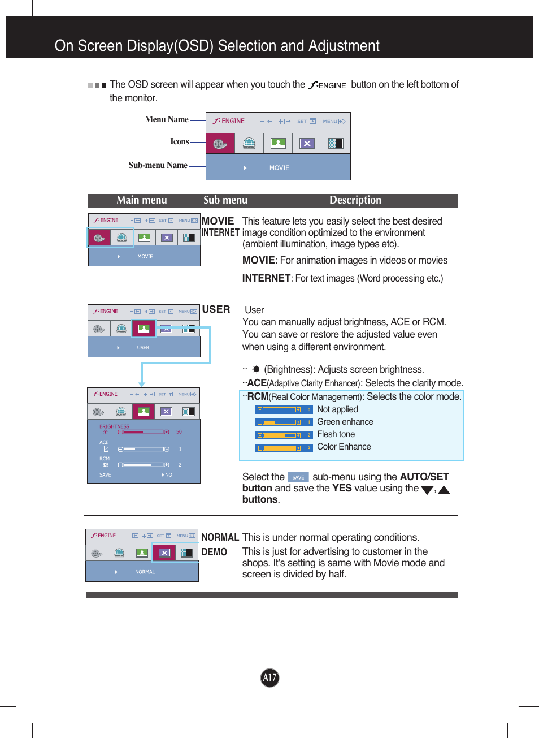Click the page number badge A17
269,677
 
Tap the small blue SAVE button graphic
298,477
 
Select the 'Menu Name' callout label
166,119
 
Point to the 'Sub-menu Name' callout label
158,165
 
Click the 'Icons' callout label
179,141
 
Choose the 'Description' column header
355,200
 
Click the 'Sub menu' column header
225,200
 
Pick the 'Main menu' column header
141,200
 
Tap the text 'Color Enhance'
344,447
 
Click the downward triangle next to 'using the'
427,490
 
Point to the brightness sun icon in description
256,369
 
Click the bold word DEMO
214,552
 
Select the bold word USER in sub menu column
216,309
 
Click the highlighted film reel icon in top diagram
220,144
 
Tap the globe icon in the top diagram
249,144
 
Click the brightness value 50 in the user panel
179,432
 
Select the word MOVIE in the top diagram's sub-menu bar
279,168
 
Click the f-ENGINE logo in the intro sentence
328,85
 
